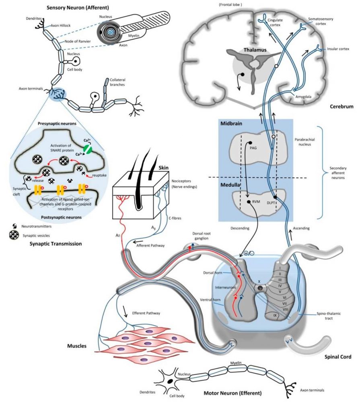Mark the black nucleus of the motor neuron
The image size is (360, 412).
[x=171, y=380]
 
